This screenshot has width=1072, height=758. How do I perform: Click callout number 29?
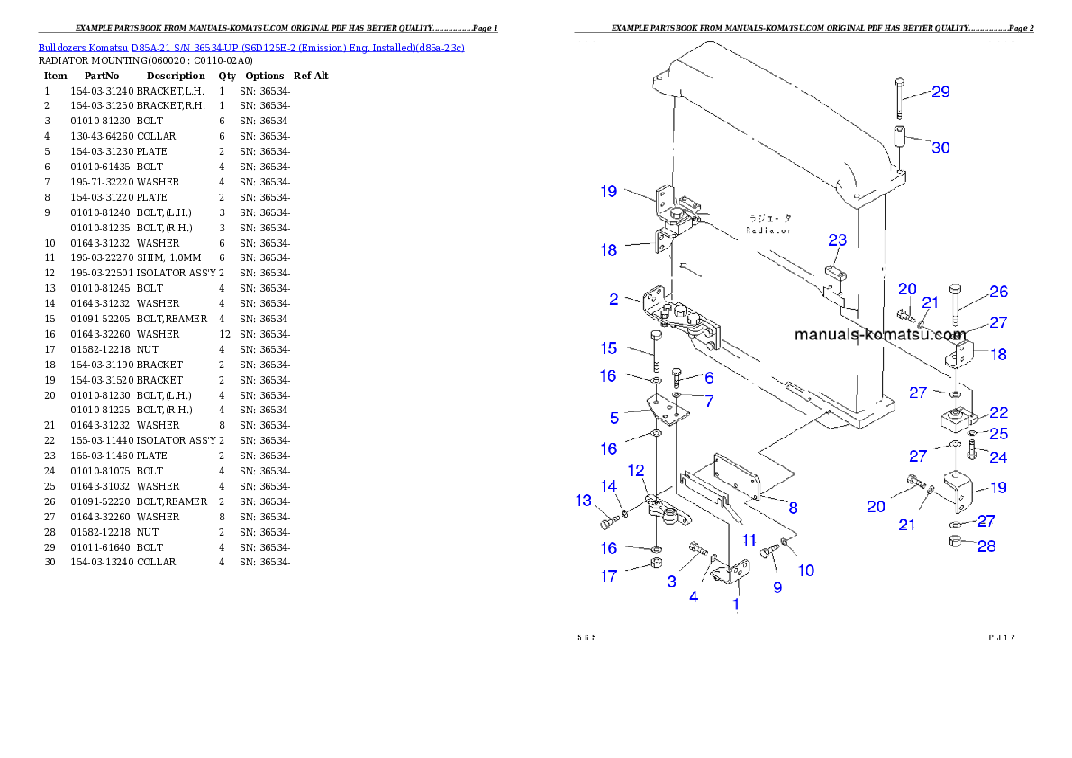pos(940,92)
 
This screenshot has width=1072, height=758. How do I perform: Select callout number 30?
pos(940,147)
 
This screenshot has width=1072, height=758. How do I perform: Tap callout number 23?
pos(838,240)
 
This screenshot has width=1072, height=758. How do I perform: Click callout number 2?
pos(613,300)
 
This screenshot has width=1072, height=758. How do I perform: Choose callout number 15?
pos(609,347)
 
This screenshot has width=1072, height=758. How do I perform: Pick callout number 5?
pos(613,418)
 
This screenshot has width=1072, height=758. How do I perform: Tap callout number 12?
pos(636,470)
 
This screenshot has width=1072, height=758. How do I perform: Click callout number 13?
pos(584,501)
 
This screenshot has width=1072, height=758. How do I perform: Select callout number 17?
pos(609,576)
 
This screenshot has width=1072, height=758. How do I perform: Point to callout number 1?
pos(736,604)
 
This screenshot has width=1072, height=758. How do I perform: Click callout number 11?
pos(749,540)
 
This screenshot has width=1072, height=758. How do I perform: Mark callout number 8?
pos(793,507)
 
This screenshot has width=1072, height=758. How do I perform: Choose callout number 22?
pos(998,412)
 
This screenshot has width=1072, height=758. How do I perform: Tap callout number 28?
pos(987,546)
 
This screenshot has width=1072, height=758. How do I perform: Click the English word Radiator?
pos(768,230)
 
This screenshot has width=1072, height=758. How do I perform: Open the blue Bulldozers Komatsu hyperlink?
pos(251,47)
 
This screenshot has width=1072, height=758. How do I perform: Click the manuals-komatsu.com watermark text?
pos(879,335)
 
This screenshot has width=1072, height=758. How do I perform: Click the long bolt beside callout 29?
pos(900,98)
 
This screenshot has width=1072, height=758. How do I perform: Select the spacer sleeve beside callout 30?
pos(900,144)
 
